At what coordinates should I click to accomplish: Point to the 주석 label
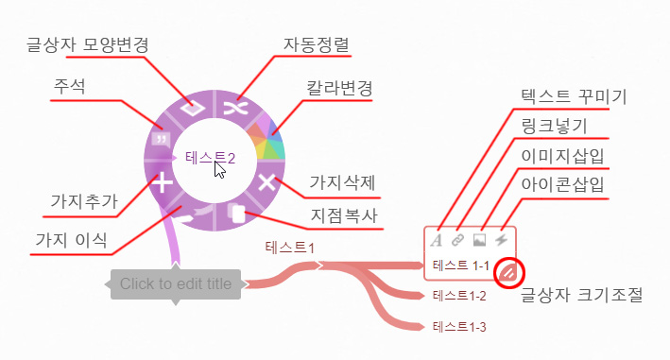tap(69, 87)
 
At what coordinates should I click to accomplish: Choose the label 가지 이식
tap(72, 238)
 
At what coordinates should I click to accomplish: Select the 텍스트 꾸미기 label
tap(574, 97)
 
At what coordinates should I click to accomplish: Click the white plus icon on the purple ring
tap(165, 182)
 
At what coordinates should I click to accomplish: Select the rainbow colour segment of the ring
tap(268, 141)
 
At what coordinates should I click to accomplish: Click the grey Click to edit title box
tap(176, 283)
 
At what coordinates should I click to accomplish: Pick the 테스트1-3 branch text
tap(458, 327)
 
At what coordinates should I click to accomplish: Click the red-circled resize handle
tap(508, 273)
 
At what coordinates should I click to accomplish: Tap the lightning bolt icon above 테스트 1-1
tap(502, 240)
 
